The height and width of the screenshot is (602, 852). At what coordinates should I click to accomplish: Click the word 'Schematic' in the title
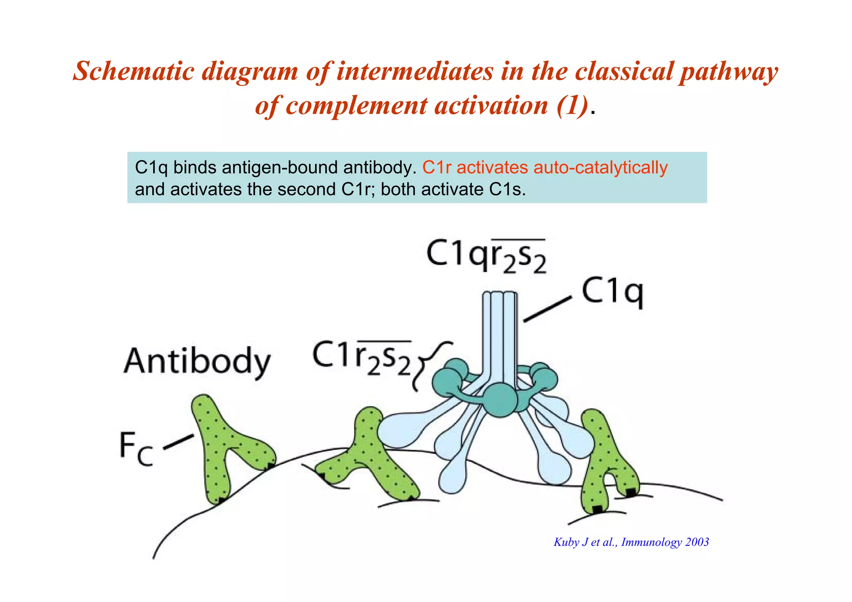pos(133,71)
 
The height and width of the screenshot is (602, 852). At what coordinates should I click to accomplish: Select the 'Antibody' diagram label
pos(197,361)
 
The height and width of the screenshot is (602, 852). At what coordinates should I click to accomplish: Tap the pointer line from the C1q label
pos(547,309)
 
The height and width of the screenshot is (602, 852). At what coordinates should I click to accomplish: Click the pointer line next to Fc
pos(178,441)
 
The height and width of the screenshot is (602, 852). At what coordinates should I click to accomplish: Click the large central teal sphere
pos(501,400)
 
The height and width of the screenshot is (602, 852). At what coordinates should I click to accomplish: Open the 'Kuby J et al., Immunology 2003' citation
pos(631,542)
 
